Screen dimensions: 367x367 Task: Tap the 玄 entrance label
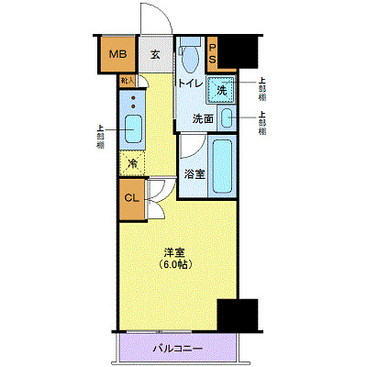point(156,55)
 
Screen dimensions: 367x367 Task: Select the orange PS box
point(212,54)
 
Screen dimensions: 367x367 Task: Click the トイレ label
point(190,83)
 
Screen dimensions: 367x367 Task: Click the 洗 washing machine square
point(220,90)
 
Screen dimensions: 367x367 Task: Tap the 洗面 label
point(203,119)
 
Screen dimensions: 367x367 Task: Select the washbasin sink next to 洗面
point(226,118)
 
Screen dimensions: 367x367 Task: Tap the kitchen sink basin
point(132,129)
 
